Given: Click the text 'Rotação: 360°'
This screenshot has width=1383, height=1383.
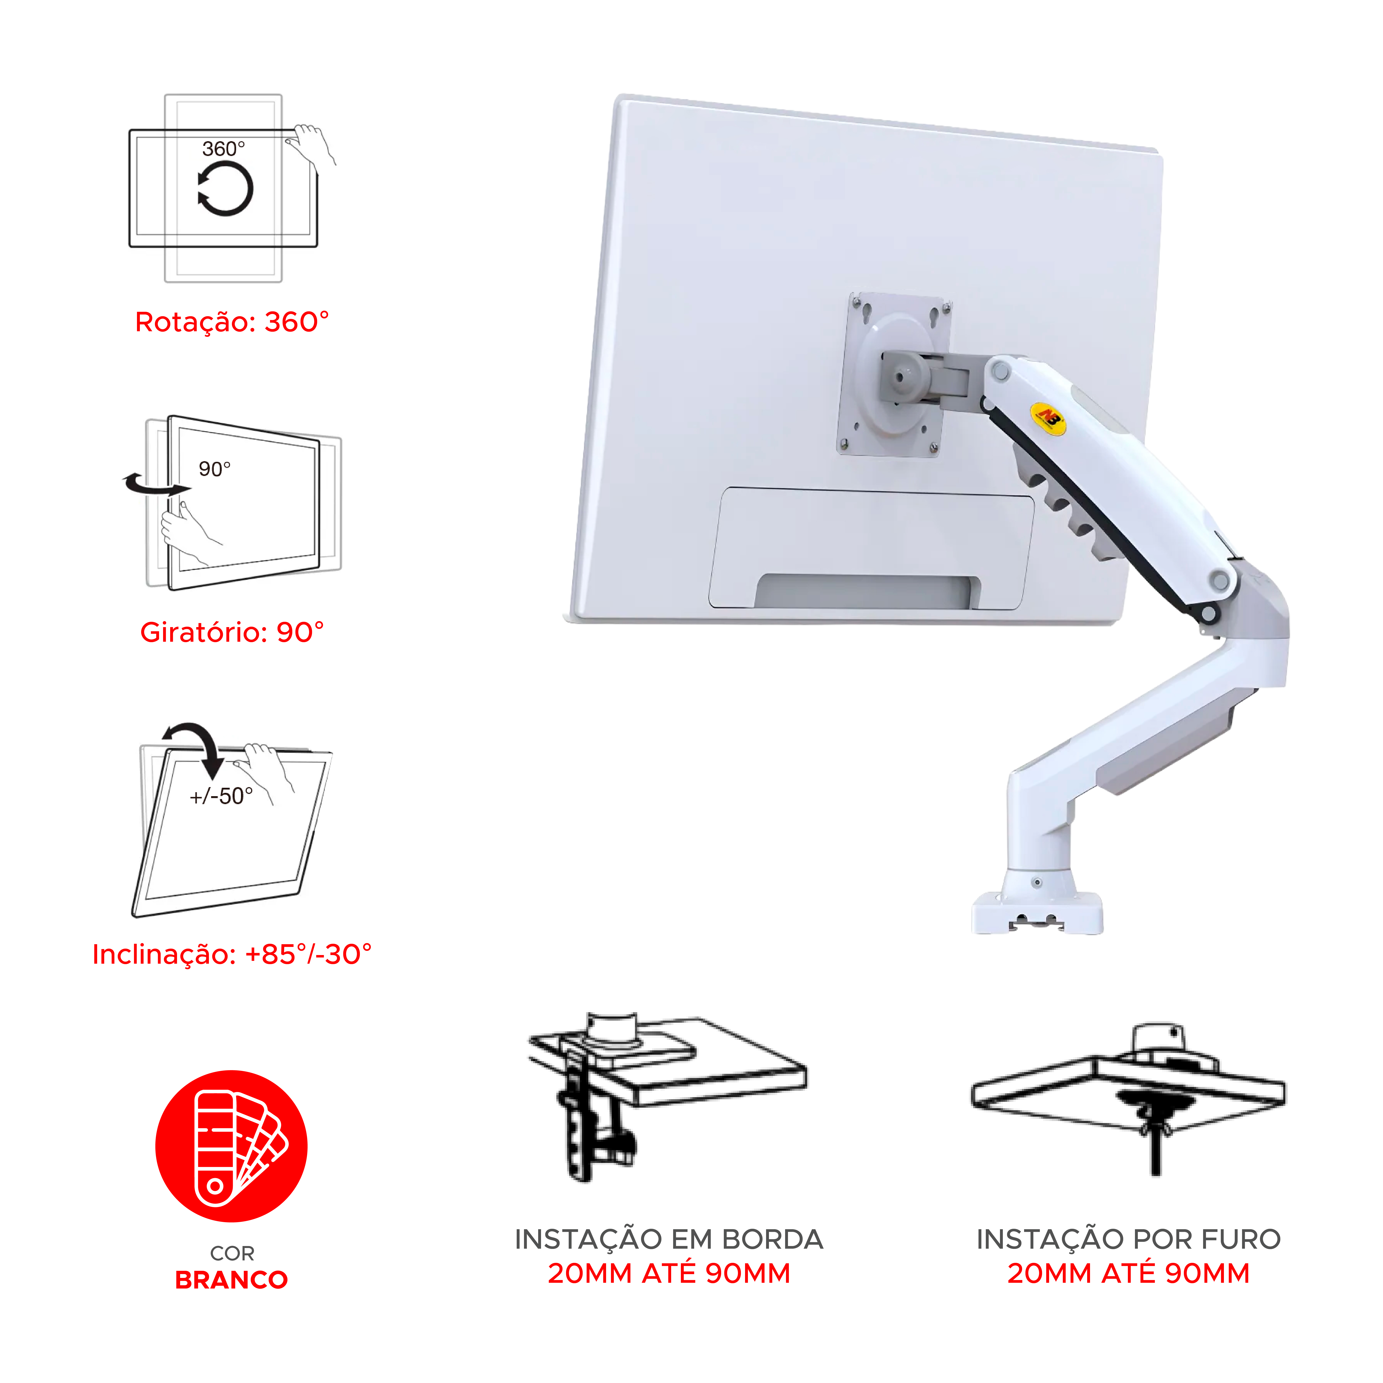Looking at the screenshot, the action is (232, 322).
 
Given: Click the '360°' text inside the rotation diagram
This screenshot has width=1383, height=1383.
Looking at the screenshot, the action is (223, 149).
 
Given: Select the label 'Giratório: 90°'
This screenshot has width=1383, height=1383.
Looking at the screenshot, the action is (232, 632).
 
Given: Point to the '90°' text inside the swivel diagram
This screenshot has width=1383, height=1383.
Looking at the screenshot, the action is (215, 469).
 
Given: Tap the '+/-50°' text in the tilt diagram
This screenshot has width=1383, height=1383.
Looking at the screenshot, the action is (221, 796).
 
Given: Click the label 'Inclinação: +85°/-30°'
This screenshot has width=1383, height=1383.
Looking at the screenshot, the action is (232, 954).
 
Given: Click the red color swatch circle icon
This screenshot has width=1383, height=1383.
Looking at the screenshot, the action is (231, 1146).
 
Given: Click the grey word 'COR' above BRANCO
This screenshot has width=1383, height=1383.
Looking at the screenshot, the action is (232, 1253).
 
